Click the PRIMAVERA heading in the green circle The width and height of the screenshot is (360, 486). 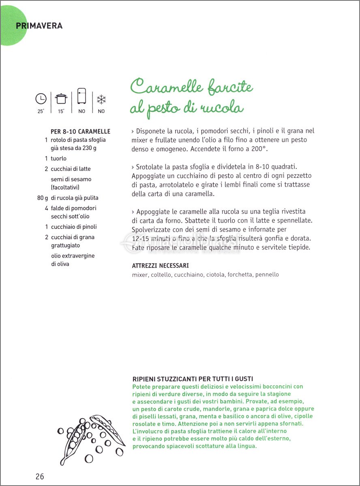[39, 26]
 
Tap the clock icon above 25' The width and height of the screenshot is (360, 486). [41, 98]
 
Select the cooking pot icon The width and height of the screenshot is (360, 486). [61, 98]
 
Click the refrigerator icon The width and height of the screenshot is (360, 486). [82, 97]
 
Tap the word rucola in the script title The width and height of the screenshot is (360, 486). [223, 108]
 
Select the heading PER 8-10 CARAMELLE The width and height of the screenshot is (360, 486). [80, 132]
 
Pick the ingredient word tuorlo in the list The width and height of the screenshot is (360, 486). [59, 158]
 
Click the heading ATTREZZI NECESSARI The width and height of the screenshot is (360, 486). [161, 266]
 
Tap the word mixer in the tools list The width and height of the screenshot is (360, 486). [140, 275]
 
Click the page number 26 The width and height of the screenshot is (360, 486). [40, 476]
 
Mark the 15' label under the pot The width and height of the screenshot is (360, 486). [61, 111]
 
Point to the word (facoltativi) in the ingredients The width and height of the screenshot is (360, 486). [65, 188]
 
